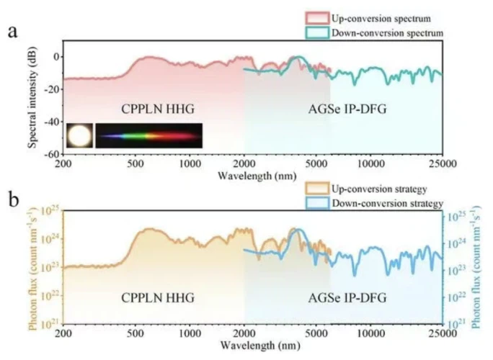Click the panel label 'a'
[14, 32]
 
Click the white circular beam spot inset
[79, 135]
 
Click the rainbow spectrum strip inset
[148, 135]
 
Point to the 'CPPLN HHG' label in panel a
[159, 108]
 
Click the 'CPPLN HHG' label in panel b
[159, 297]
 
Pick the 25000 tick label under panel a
[440, 164]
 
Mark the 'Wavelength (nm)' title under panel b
[252, 346]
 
